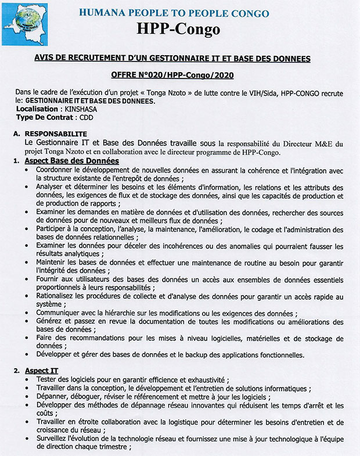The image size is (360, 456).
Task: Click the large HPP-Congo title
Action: (x=179, y=29)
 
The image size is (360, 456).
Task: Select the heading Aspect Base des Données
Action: (x=71, y=161)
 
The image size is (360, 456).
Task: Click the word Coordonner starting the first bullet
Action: (x=57, y=170)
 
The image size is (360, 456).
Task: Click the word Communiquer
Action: (x=60, y=313)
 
